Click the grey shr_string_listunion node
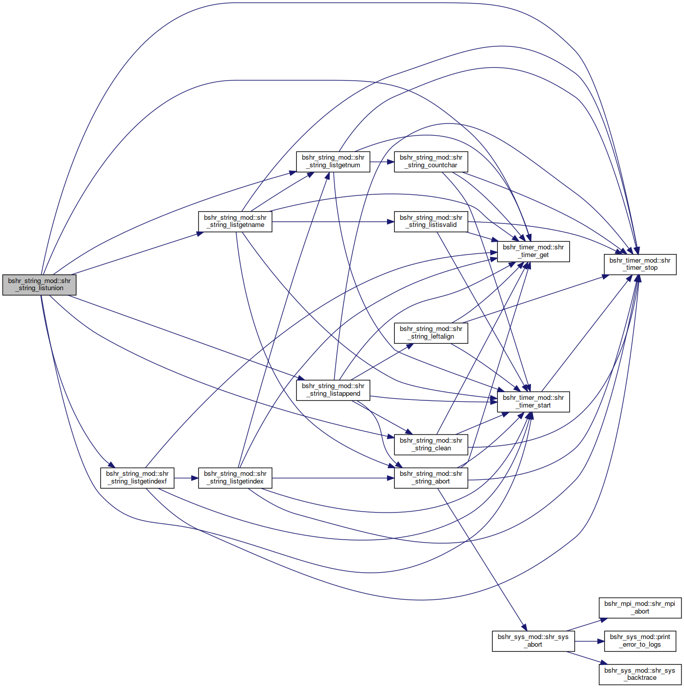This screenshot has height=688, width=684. (39, 285)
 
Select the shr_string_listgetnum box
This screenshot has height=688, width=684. (333, 162)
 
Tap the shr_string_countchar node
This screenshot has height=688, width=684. (431, 162)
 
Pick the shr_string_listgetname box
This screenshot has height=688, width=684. (235, 222)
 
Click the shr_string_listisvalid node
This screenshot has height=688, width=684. (431, 222)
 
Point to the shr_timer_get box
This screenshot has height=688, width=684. (534, 252)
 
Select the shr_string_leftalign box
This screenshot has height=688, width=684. (431, 333)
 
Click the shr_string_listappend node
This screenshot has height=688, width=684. (333, 390)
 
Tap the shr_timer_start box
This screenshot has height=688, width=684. (534, 402)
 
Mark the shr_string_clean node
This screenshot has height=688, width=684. (431, 445)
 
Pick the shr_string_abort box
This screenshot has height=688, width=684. (431, 478)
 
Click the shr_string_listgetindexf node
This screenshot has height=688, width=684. (138, 478)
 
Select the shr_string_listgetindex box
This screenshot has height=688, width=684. (235, 478)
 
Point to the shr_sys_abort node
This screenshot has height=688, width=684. (534, 641)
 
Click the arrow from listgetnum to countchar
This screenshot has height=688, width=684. (382, 162)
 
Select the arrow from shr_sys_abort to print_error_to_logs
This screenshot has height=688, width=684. (589, 641)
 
